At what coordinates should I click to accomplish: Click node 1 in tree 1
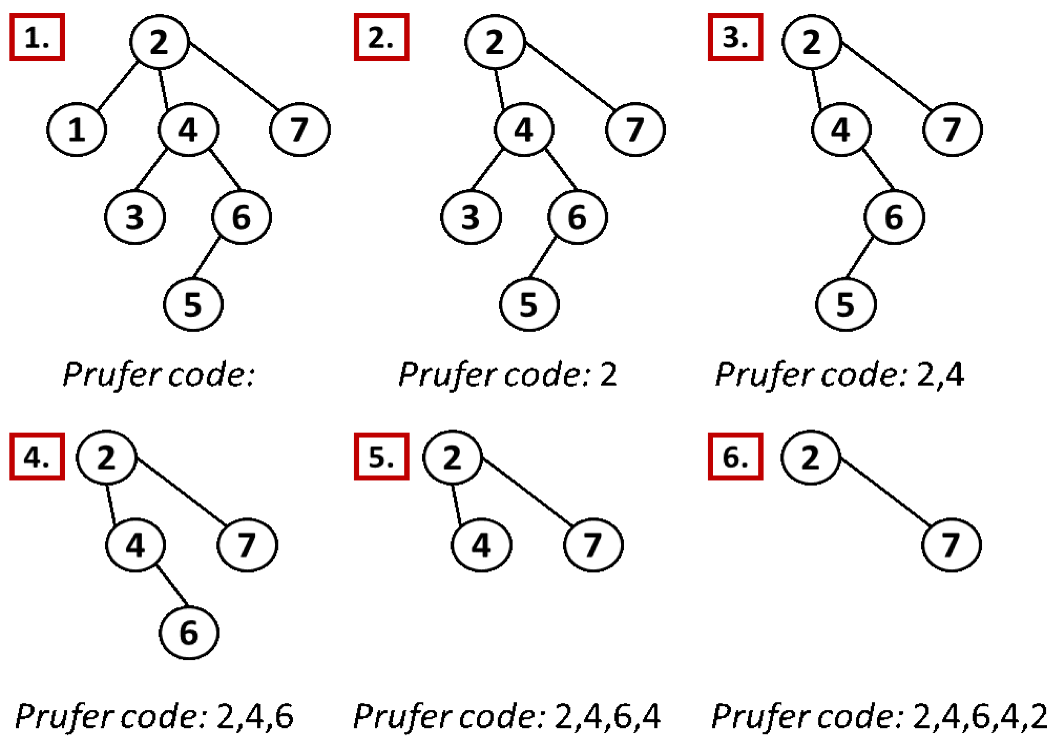point(77,129)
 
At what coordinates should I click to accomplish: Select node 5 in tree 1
point(193,304)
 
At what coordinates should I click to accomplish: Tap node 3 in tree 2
point(470,217)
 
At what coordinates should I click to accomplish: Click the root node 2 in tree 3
point(811,42)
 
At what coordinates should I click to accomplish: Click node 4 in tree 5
point(481,545)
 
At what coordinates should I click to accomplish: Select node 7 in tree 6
point(951,545)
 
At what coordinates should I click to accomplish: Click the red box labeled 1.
point(37,37)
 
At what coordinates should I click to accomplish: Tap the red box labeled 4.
point(37,457)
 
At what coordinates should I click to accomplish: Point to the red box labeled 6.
point(735,457)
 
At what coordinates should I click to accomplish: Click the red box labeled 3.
point(735,37)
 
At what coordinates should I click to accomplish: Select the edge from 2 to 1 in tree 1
point(118,86)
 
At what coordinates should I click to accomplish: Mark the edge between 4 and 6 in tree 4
point(172,585)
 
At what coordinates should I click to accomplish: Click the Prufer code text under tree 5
point(507,717)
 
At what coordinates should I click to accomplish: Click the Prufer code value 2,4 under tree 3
point(940,374)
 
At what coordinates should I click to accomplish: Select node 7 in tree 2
point(635,129)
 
